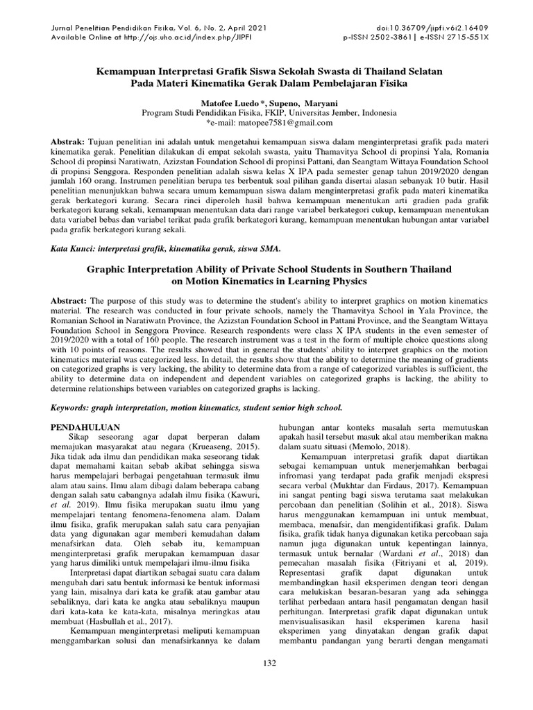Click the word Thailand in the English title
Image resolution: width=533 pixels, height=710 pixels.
417,269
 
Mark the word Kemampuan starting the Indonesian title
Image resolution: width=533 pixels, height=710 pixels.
122,71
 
